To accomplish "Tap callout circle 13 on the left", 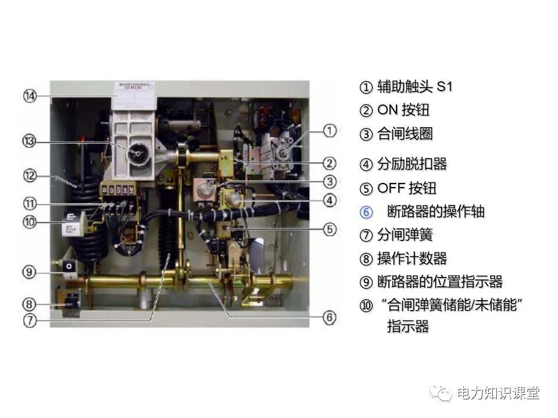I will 30,141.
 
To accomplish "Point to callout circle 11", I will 30,204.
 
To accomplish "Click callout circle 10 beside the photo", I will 30,221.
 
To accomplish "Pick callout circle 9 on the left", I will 30,271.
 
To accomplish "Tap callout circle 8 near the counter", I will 30,304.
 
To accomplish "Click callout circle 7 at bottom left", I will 30,319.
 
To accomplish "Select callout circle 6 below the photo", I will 330,317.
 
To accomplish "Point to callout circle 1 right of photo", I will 330,131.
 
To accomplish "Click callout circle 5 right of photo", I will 330,229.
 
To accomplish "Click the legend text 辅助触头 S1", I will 414,87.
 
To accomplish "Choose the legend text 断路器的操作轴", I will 435,212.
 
